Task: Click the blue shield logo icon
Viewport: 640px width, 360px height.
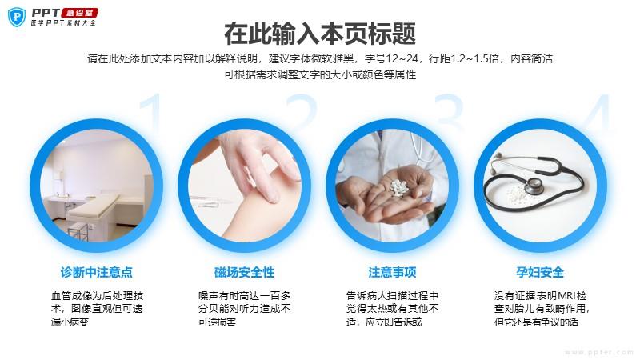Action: point(17,17)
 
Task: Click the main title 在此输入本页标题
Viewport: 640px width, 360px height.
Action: point(320,34)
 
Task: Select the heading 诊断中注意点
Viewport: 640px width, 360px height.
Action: point(96,272)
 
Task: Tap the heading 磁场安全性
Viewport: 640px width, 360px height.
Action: point(244,272)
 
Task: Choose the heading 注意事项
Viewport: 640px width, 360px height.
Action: point(392,272)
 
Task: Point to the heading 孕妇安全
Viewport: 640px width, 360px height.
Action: point(540,272)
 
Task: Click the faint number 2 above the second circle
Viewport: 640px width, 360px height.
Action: point(302,111)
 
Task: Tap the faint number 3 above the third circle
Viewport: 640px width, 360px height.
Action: point(449,111)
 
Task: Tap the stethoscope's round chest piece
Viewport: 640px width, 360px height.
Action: point(534,186)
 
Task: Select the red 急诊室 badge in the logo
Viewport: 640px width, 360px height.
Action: point(79,13)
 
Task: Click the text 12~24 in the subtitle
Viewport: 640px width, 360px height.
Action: point(402,58)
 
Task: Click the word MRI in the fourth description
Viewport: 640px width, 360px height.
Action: point(567,295)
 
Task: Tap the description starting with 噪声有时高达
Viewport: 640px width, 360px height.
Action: point(244,309)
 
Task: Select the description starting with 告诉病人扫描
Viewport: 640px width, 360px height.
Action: point(392,309)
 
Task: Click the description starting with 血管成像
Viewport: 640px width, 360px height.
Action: point(97,309)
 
